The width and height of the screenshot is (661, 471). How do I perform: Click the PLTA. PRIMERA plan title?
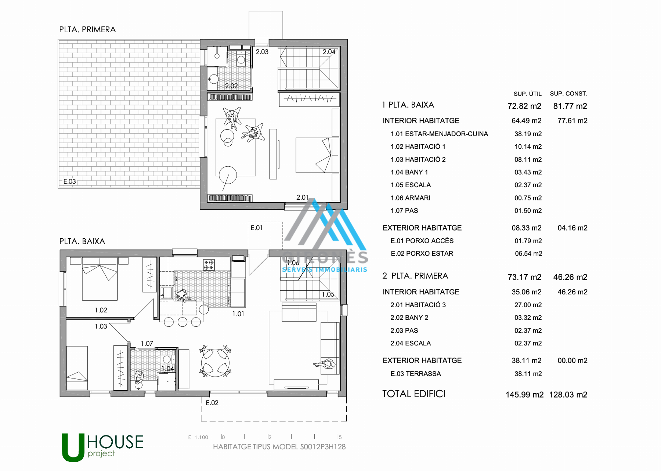pyautogui.click(x=87, y=29)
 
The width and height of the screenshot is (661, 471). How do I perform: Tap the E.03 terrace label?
pyautogui.click(x=69, y=181)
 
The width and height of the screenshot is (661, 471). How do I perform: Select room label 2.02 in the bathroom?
pyautogui.click(x=231, y=86)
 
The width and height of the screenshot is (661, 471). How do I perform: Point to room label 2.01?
pyautogui.click(x=302, y=198)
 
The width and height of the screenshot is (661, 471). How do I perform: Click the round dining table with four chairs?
pyautogui.click(x=215, y=361)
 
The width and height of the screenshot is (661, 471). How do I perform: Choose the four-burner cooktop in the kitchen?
pyautogui.click(x=209, y=265)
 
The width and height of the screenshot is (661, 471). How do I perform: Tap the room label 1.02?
pyautogui.click(x=101, y=310)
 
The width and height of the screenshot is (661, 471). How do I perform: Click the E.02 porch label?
pyautogui.click(x=212, y=403)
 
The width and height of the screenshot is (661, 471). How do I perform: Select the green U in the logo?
pyautogui.click(x=73, y=448)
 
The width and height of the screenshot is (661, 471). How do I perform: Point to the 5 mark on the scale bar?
pyautogui.click(x=340, y=437)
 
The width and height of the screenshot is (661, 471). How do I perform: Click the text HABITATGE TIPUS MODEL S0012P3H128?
pyautogui.click(x=279, y=447)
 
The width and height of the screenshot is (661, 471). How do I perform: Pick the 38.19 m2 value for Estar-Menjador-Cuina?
pyautogui.click(x=528, y=134)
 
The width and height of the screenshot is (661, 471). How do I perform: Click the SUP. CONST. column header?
pyautogui.click(x=568, y=94)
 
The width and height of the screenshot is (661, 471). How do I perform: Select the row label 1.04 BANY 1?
pyautogui.click(x=409, y=172)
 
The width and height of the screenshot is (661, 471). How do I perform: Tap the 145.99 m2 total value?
pyautogui.click(x=524, y=395)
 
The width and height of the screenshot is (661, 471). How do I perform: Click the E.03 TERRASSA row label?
pyautogui.click(x=416, y=374)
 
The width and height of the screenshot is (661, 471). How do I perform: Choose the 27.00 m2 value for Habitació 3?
pyautogui.click(x=528, y=305)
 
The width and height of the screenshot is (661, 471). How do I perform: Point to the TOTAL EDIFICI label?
pyautogui.click(x=414, y=394)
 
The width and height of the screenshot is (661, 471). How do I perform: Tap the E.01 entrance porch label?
pyautogui.click(x=257, y=228)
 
